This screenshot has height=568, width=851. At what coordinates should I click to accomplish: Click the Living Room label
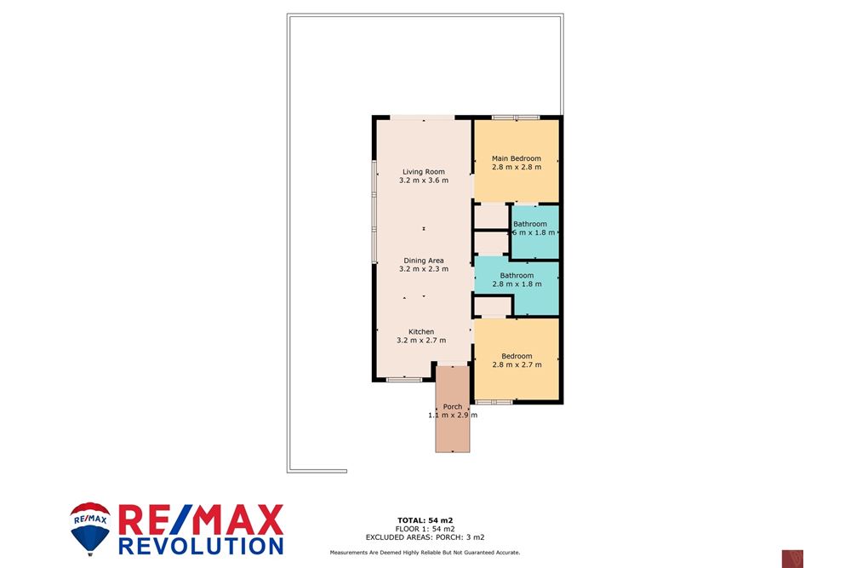click(x=423, y=172)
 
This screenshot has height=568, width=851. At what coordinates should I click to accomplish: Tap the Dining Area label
click(x=423, y=261)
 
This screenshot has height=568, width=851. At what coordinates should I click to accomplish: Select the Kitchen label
click(x=421, y=331)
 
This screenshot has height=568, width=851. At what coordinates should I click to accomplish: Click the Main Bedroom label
click(x=516, y=158)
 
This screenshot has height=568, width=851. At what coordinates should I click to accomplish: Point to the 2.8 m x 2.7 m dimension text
click(x=517, y=364)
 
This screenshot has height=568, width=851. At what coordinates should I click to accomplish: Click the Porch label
click(x=453, y=407)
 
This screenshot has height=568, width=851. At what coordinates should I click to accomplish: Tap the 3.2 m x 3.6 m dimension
click(x=423, y=181)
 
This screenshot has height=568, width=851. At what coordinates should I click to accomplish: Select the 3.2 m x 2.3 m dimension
click(x=423, y=269)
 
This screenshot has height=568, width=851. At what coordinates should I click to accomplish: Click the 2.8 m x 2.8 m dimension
click(x=516, y=167)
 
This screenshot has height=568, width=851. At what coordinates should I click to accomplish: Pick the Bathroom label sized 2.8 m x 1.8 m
click(x=517, y=275)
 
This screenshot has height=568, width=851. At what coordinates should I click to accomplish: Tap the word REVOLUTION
click(x=201, y=544)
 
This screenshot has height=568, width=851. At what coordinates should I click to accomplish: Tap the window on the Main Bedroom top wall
click(x=516, y=117)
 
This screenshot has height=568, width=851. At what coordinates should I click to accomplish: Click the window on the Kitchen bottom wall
click(x=398, y=379)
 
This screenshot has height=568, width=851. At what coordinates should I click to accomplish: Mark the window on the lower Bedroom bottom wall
click(x=493, y=401)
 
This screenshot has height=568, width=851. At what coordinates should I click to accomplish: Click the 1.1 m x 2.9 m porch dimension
click(x=452, y=416)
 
